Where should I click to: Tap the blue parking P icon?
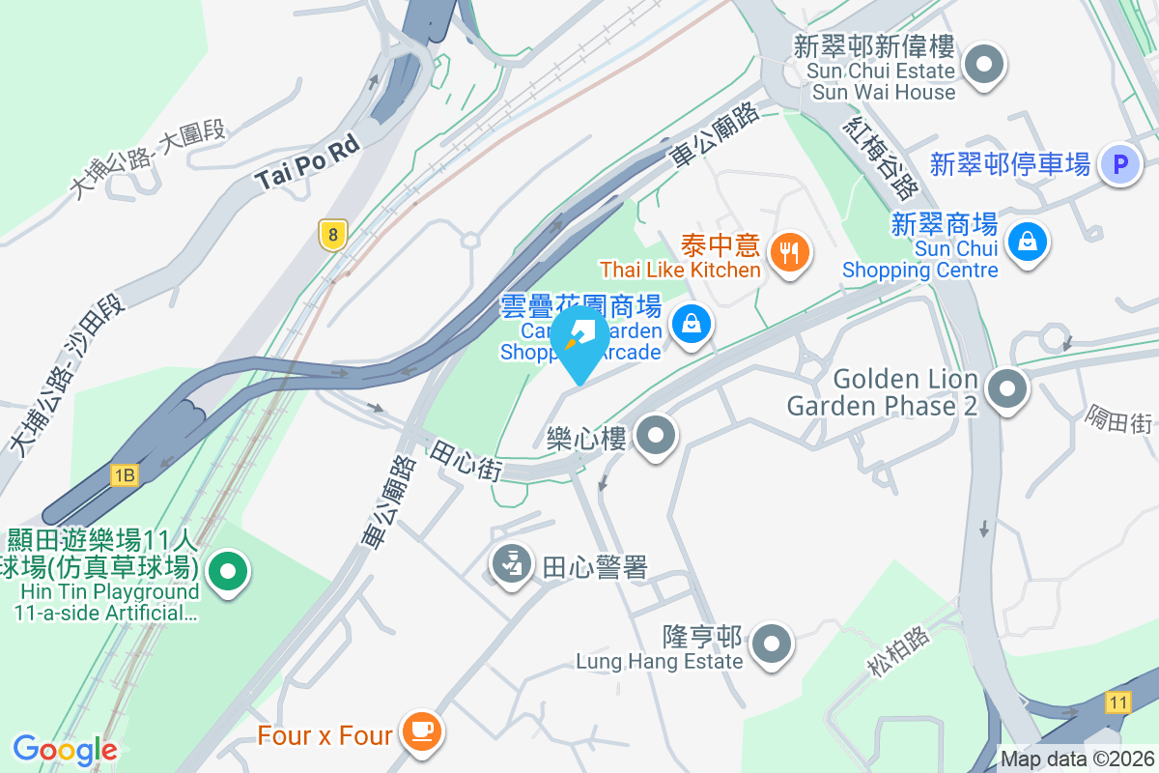tap(1120, 165)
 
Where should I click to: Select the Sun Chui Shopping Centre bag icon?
tap(1027, 242)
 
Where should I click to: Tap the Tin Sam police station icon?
tap(513, 563)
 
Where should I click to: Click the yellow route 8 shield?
tap(332, 234)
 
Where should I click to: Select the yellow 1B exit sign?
tap(124, 474)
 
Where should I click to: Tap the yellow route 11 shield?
tap(1117, 703)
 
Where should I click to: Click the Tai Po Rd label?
tap(307, 161)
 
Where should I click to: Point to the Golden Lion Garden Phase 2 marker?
tap(1009, 390)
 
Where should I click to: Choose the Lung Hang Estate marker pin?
tap(772, 643)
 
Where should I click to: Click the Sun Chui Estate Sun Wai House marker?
tap(985, 67)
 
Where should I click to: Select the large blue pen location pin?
tap(579, 341)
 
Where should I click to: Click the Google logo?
tap(65, 749)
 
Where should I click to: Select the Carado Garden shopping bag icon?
tap(692, 325)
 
